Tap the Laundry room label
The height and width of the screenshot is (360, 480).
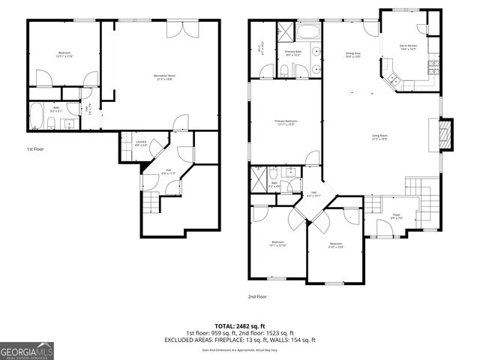pos(141,143)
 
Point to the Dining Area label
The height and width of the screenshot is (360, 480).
pos(353,55)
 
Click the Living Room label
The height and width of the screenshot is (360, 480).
pos(380,137)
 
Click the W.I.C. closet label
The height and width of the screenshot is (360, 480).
pos(259,48)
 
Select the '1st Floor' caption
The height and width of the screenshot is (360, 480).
pos(35,149)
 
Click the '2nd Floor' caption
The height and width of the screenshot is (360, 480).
pos(257,296)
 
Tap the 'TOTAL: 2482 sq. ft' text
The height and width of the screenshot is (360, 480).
pos(240,326)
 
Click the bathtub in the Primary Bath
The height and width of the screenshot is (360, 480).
pos(307,33)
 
